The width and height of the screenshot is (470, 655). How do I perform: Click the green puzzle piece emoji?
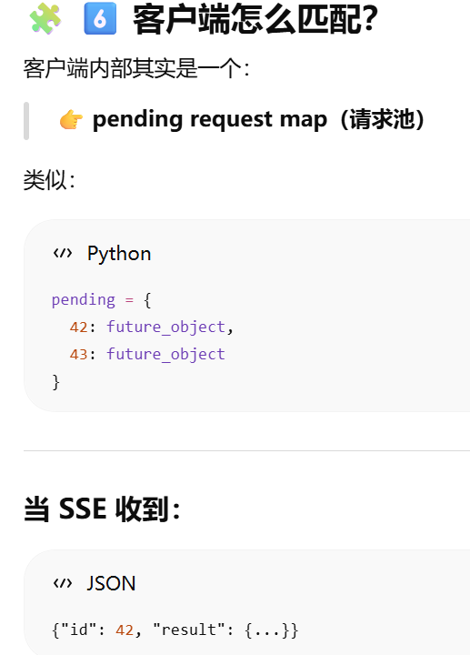point(45,18)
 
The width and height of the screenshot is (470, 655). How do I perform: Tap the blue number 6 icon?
point(100,18)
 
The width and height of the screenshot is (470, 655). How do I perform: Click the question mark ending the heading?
point(370,19)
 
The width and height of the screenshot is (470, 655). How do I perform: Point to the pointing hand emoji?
point(71,120)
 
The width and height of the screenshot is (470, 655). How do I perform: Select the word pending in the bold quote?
point(138,120)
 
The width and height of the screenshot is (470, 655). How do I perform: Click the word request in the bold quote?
point(231,120)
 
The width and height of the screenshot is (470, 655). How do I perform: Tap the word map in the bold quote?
point(303,121)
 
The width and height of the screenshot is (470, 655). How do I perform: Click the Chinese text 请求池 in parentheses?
point(383,119)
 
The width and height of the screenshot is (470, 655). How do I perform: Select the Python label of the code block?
point(119,254)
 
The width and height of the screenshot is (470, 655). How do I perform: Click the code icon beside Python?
point(63,253)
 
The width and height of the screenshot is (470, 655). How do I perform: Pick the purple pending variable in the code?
point(84,300)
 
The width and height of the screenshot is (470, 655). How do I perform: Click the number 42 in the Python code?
point(78,327)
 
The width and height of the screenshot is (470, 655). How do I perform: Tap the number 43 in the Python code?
point(78,355)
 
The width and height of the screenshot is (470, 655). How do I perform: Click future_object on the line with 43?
point(165,354)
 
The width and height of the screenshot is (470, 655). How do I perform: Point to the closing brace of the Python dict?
point(56,382)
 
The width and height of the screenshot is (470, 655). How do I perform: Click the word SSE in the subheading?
point(83,509)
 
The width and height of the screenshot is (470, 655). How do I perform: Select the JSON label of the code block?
point(111,583)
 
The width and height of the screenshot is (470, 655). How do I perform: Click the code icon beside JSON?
point(63,583)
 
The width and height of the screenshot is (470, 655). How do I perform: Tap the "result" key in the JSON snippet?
point(189,630)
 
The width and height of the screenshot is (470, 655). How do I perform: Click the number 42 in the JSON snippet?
point(125,630)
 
